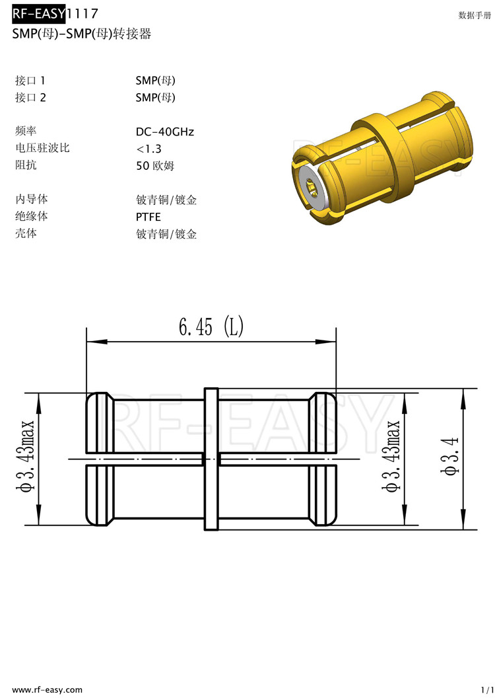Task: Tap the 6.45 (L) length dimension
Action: coord(211,327)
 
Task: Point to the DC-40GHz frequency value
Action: coord(165,132)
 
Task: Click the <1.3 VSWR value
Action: coord(148,149)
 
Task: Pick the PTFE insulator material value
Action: coord(148,217)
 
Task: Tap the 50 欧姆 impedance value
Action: coord(155,166)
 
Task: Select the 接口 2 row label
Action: coord(30,97)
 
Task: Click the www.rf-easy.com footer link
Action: coord(48,689)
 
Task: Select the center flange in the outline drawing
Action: coord(211,459)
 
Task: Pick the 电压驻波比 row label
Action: coord(42,148)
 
